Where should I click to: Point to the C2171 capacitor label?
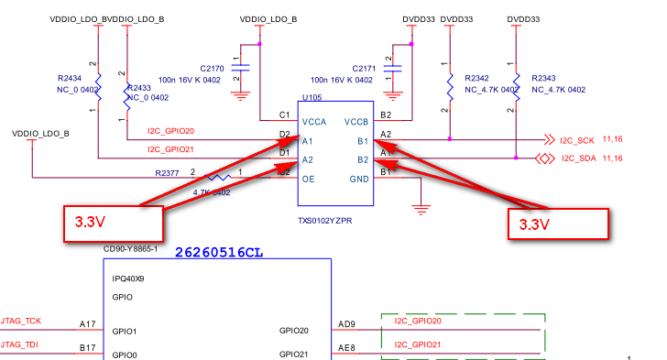click(365, 69)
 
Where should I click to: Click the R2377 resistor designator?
click(168, 172)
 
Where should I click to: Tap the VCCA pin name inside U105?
click(314, 122)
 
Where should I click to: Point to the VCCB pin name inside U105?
click(355, 122)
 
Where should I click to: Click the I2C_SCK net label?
click(578, 140)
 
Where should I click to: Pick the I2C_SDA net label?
click(578, 158)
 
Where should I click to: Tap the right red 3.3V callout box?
click(558, 224)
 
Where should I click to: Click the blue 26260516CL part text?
click(219, 250)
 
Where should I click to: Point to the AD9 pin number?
click(345, 322)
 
